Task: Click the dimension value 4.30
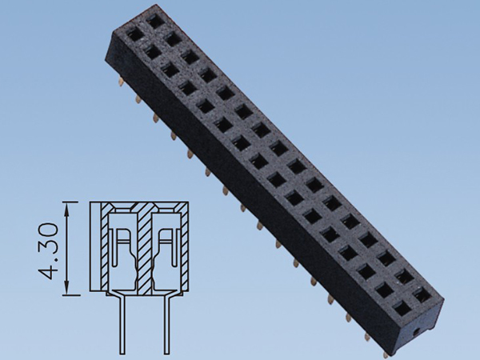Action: point(48,251)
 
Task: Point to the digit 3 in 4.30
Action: point(48,249)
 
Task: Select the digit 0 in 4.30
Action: point(48,230)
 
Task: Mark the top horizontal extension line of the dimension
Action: point(70,202)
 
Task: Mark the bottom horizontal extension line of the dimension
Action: point(71,295)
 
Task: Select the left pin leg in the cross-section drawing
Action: point(122,325)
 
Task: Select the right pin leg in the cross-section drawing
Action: point(167,325)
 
